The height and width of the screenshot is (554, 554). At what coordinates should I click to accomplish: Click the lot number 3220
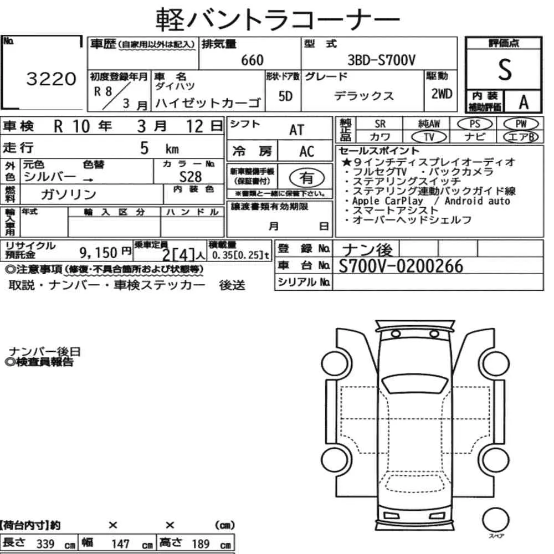[51, 79]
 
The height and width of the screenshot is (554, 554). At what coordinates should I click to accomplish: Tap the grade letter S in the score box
[505, 70]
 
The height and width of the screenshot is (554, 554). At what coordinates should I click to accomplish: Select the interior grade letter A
[524, 102]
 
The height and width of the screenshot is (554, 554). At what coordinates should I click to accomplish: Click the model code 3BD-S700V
[381, 60]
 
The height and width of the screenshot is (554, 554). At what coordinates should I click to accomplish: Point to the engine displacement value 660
[252, 60]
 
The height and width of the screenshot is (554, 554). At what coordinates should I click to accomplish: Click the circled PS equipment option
[475, 124]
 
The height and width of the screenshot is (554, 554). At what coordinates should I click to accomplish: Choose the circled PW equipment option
[521, 124]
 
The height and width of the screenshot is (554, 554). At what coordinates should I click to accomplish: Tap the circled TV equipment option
[429, 137]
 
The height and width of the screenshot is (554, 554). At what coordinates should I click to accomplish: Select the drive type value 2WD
[442, 94]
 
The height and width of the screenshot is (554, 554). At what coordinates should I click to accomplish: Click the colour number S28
[190, 177]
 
